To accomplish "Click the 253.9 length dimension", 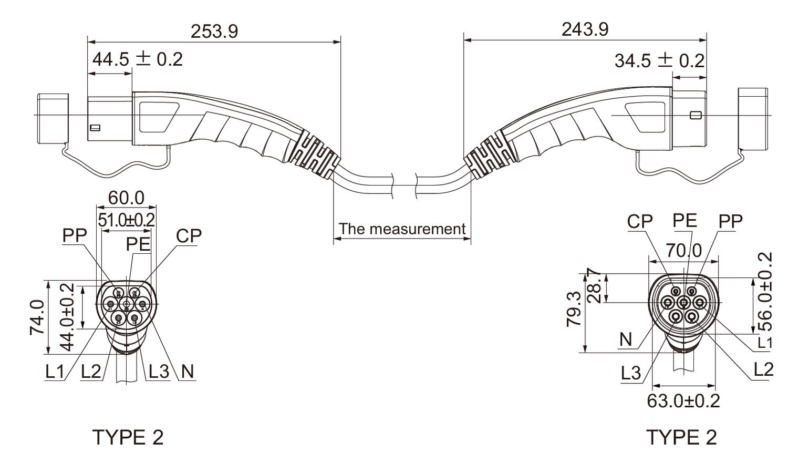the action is [x=214, y=32].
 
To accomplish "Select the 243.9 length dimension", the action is [x=585, y=29].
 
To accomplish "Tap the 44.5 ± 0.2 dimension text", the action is [x=138, y=59].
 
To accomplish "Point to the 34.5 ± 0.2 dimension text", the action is [x=660, y=61].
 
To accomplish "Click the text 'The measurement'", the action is [x=402, y=229].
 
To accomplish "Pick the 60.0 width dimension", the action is [x=126, y=198].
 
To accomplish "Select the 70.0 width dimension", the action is [x=684, y=251].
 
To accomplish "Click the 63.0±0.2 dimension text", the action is [x=683, y=401].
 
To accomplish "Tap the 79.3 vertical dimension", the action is [x=574, y=309].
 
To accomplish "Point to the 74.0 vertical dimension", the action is [x=37, y=317].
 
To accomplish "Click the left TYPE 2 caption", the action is [x=128, y=437].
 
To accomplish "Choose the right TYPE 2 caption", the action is [x=681, y=437].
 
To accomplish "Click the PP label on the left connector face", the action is [x=75, y=235].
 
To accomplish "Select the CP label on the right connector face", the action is [x=640, y=222].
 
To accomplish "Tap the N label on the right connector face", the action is [x=626, y=340].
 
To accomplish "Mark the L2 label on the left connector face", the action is [x=91, y=371].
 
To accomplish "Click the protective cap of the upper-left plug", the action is [x=53, y=119].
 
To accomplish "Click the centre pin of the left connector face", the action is [x=126, y=303].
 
